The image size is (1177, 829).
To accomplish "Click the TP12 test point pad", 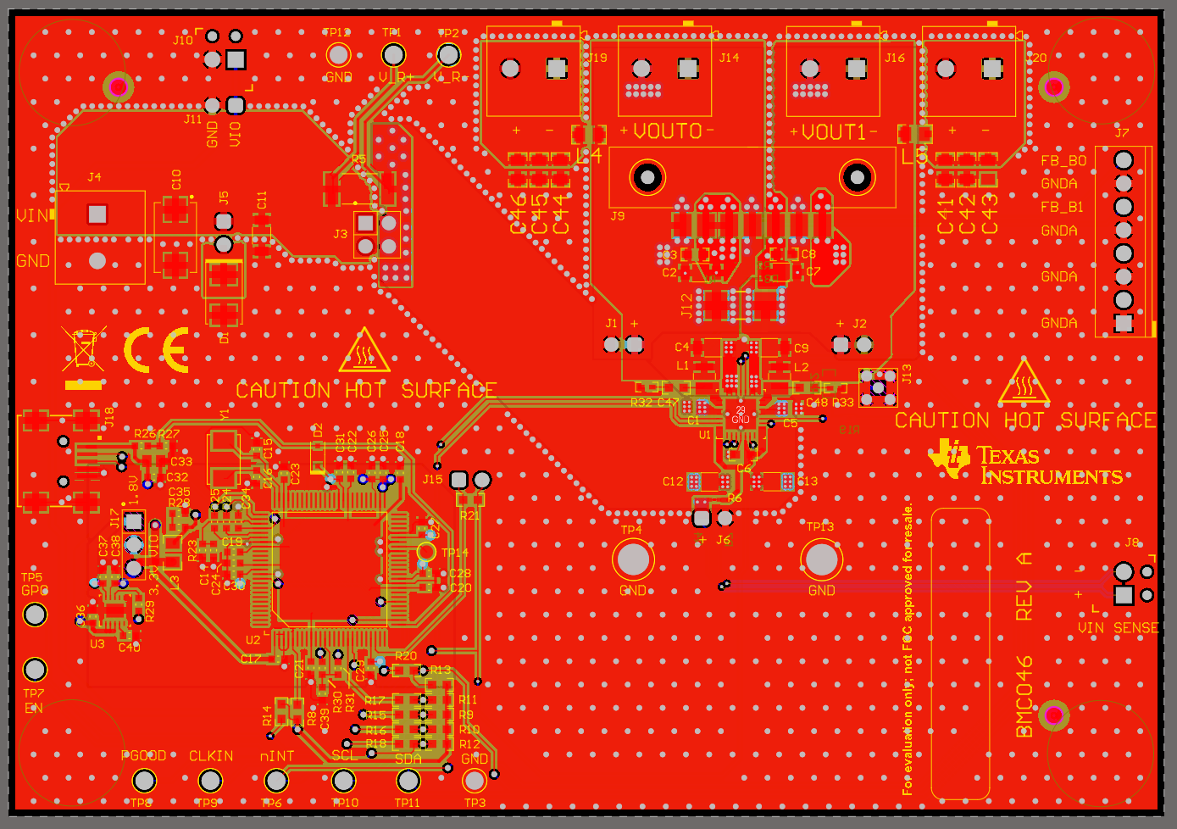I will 339,55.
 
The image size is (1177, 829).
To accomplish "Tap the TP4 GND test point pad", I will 633,559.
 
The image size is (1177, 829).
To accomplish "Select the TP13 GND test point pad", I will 821,559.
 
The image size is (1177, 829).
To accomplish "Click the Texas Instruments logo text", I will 1051,466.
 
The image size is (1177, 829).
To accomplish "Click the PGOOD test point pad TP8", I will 144,780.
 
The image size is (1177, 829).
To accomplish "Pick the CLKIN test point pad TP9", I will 210,780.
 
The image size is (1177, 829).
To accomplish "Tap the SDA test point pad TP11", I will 408,780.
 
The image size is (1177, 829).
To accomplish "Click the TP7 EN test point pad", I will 35,670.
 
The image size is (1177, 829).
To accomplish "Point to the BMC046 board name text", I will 1024,696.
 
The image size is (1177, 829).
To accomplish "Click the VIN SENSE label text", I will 1118,628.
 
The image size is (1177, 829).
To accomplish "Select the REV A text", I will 1024,586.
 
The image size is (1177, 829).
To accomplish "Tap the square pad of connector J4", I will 97,214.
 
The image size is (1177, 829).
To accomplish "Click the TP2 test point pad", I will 448,55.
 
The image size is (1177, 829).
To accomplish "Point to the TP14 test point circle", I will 426,553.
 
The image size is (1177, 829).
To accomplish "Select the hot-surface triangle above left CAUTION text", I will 364,351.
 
